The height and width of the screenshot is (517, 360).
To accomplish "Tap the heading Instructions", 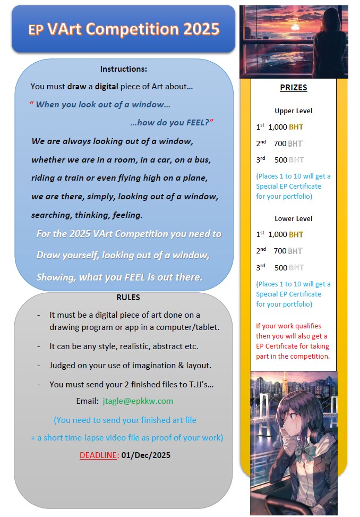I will pos(124,69).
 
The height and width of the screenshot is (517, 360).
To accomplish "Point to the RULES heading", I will pos(128,298).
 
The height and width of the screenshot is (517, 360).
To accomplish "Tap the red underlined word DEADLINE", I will pos(98,455).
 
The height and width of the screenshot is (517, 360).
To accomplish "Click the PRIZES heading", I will pos(293,88).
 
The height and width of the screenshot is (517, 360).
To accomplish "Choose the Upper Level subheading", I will pos(293,111).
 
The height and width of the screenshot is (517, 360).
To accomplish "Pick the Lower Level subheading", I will pos(293,218).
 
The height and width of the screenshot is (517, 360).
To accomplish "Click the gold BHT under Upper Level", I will pos(296,127).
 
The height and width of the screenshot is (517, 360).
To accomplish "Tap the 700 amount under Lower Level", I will pos(280,251).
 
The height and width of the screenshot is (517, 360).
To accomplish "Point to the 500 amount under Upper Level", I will pos(280,160).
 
